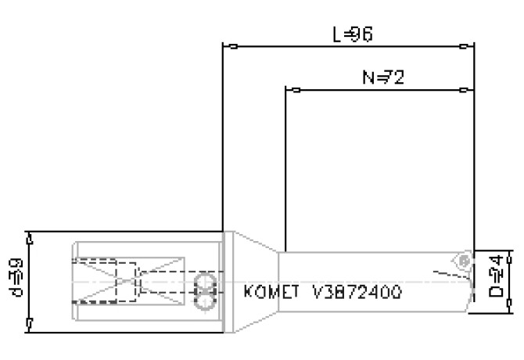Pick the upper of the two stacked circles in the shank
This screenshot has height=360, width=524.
(206, 281)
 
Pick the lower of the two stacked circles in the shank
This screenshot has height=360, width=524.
(206, 297)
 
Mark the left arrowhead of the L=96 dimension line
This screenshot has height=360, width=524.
(228, 46)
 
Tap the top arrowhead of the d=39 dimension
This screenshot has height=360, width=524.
(30, 236)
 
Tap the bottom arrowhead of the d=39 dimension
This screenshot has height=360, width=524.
(30, 327)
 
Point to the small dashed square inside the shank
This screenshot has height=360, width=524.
(125, 280)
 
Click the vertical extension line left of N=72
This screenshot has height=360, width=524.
(285, 164)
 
